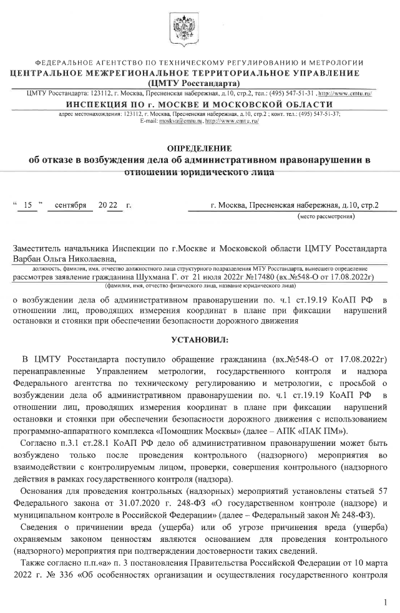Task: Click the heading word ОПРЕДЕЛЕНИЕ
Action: pos(200,148)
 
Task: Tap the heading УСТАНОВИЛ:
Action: pos(200,339)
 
